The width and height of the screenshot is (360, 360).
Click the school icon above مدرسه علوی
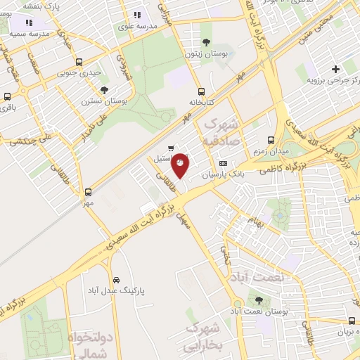pos(136,15)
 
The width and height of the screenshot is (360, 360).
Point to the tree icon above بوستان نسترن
pos(104,89)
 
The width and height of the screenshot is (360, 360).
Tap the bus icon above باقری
pos(7,97)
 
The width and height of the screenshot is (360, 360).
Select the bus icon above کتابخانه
pos(202,91)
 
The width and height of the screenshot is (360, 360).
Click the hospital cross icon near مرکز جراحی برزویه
pos(335,69)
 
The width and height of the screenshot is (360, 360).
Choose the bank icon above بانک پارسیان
pos(224,163)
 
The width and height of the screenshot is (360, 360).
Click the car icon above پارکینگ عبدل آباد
pos(116,278)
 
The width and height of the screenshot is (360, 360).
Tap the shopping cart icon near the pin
pos(172,148)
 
